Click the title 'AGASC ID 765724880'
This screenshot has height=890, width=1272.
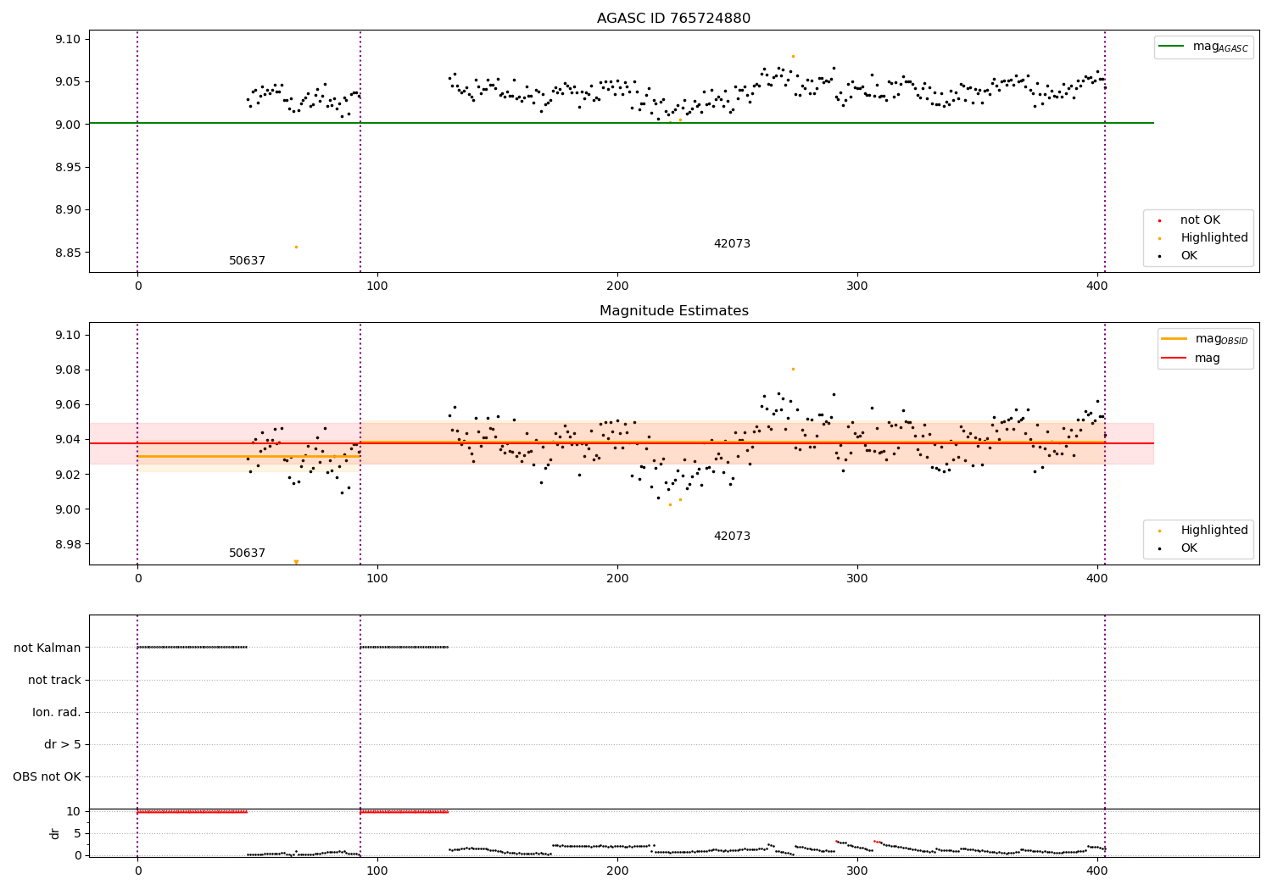point(673,19)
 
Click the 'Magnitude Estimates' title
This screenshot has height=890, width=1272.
point(673,311)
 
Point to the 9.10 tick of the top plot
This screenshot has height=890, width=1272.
point(68,40)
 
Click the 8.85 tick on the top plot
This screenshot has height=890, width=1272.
point(68,253)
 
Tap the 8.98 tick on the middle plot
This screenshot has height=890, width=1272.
point(68,544)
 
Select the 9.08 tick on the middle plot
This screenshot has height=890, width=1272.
point(68,370)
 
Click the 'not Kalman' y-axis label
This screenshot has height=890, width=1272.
point(47,648)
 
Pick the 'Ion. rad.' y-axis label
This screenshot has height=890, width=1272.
point(57,712)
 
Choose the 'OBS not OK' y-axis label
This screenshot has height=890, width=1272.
point(47,776)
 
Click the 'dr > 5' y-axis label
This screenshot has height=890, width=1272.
point(63,744)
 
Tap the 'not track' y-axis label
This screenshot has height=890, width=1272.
point(54,680)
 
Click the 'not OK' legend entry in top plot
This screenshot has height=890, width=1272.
point(1200,220)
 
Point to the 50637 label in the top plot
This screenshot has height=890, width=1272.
point(247,261)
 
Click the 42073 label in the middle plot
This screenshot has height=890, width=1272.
point(732,537)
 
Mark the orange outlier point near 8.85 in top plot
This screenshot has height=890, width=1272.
point(296,247)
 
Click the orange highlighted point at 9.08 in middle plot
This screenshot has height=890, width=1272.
point(793,369)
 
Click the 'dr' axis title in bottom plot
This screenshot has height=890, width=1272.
point(55,833)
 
